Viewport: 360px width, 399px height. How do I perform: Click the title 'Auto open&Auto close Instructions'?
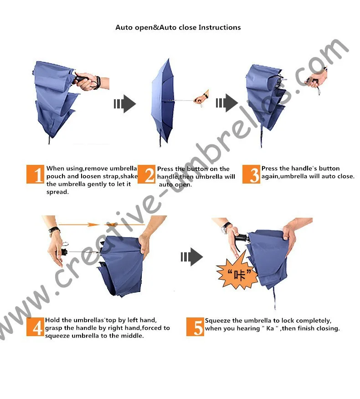coord(178,27)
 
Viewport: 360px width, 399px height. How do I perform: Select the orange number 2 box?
coord(147,175)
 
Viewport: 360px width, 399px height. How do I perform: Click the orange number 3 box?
coord(252,175)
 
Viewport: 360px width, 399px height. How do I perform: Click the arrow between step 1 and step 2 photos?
coord(124,104)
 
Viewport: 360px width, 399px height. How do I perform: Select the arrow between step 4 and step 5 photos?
coord(191,257)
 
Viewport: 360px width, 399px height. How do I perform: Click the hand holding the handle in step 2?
coord(200,97)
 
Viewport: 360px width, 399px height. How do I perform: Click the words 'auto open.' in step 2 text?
coord(175,185)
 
